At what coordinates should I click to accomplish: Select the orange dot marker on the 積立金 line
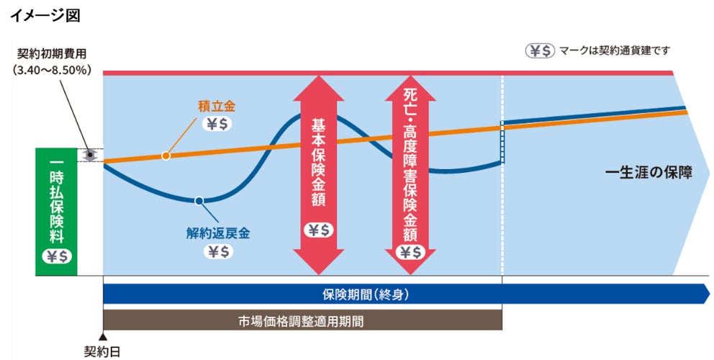166,156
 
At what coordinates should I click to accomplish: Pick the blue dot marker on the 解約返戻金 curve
199,201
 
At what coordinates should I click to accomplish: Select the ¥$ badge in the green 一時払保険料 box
56,256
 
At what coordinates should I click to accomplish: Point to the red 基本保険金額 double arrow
320,173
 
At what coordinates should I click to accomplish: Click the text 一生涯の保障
648,173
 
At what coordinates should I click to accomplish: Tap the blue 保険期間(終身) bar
403,294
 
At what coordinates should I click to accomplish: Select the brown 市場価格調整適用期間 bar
302,320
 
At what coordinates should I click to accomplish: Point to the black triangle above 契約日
103,336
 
